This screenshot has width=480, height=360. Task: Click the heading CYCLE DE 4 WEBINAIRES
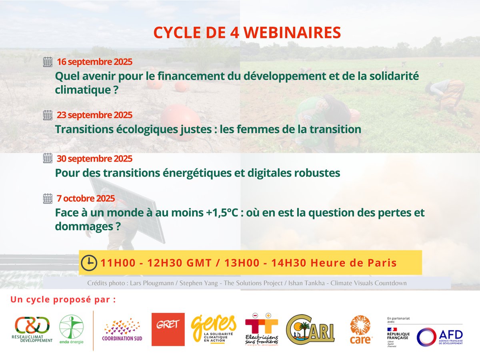point(247,33)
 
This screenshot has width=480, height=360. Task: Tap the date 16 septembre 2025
point(94,62)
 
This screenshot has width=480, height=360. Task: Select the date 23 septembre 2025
point(94,115)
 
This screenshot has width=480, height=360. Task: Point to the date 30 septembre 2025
point(94,158)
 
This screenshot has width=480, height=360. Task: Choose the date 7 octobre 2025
point(86,198)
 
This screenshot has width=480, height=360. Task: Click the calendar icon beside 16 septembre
point(48,62)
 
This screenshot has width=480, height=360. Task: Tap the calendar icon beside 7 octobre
point(48,198)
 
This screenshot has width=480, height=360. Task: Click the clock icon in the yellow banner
point(89,262)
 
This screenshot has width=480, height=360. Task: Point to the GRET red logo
point(168,329)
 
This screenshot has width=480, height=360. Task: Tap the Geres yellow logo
point(214,327)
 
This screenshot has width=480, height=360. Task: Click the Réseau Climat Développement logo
point(32,329)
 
